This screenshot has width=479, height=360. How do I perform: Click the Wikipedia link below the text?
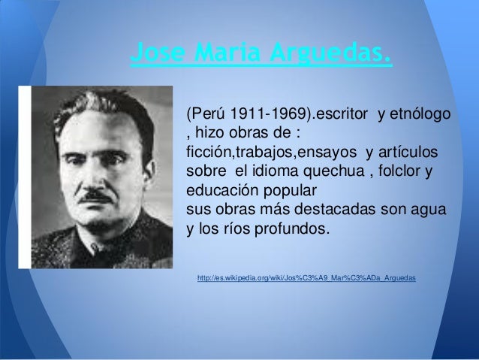(x=306, y=280)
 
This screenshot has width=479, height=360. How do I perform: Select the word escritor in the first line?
(x=341, y=115)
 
